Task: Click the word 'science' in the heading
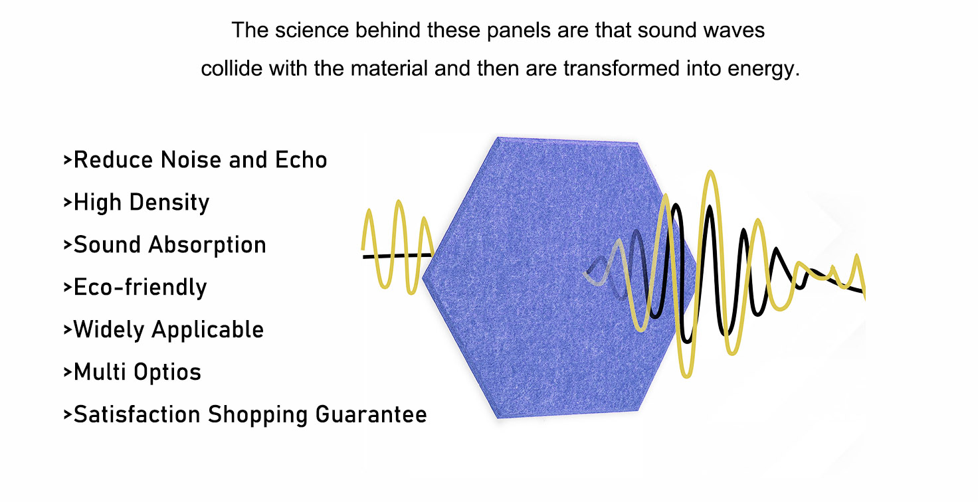click(x=312, y=31)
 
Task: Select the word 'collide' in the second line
click(x=231, y=68)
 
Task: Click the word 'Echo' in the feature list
click(x=301, y=160)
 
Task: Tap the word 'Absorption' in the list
click(x=207, y=245)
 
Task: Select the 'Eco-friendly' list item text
click(x=140, y=288)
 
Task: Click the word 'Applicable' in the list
click(x=208, y=329)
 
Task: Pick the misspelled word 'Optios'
click(x=167, y=373)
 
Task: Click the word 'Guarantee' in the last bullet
click(x=371, y=414)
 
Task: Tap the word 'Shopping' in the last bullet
click(x=258, y=415)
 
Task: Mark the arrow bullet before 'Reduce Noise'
click(x=67, y=160)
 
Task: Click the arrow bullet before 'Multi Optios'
click(x=67, y=373)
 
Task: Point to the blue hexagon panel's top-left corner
click(x=497, y=137)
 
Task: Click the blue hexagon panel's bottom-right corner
click(x=638, y=410)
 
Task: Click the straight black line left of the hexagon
click(x=397, y=256)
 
